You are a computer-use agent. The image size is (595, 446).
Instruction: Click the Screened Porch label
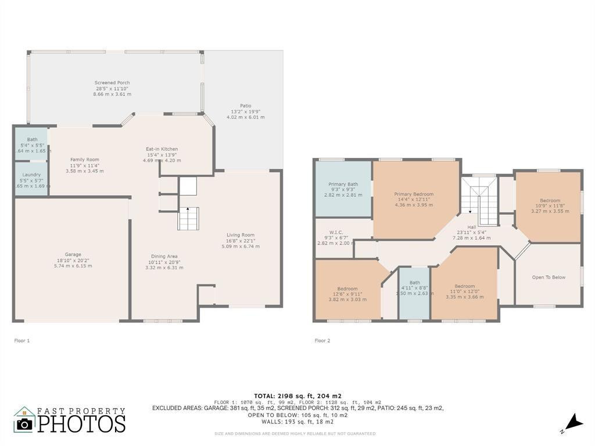click(x=112, y=83)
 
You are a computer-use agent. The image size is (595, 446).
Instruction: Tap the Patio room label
click(x=245, y=106)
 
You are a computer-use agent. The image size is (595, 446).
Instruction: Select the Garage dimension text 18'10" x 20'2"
click(x=73, y=260)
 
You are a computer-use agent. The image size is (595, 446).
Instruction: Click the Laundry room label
click(x=31, y=174)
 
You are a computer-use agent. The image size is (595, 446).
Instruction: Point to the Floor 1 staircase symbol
click(x=188, y=218)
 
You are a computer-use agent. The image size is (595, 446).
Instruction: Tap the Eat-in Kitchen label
click(x=162, y=149)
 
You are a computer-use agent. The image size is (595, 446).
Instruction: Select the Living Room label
click(x=240, y=235)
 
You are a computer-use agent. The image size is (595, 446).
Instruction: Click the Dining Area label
click(x=164, y=256)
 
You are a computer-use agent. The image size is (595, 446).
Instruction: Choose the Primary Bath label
click(x=343, y=184)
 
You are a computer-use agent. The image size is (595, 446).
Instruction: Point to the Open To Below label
click(x=549, y=278)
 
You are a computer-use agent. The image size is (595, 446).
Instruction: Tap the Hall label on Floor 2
click(x=471, y=227)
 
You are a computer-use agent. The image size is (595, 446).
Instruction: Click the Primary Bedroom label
click(x=414, y=195)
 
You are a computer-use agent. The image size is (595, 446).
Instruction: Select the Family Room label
click(x=85, y=160)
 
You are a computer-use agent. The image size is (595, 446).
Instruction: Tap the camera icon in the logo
click(x=24, y=424)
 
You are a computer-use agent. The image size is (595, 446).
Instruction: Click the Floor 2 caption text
click(x=322, y=341)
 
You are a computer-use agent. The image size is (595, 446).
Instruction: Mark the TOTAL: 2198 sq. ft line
click(x=297, y=395)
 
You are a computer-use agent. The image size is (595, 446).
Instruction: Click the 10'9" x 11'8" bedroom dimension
click(x=550, y=206)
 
